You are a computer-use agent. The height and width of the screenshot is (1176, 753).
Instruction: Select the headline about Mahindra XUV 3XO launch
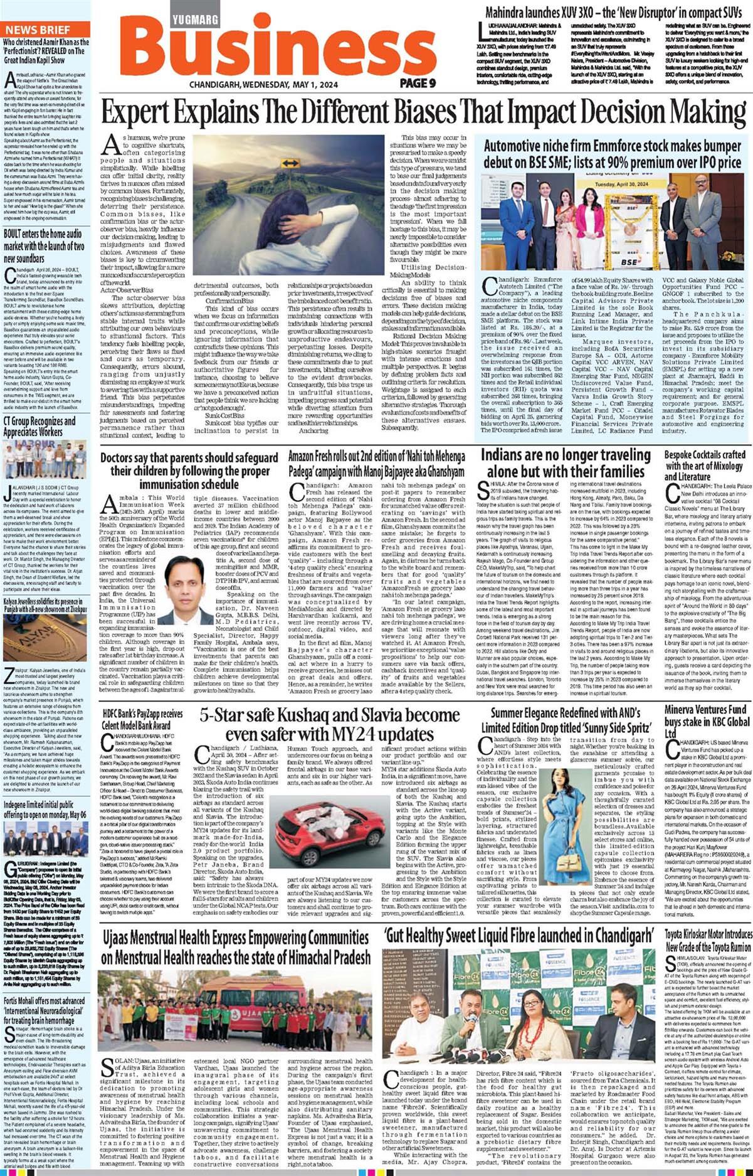click(x=613, y=12)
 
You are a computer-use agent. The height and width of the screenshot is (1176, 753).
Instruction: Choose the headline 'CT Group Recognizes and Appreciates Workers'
click(x=39, y=426)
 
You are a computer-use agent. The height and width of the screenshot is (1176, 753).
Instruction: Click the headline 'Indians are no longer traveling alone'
click(x=566, y=462)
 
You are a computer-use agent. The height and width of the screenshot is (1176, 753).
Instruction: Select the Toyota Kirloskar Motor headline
click(x=708, y=940)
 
